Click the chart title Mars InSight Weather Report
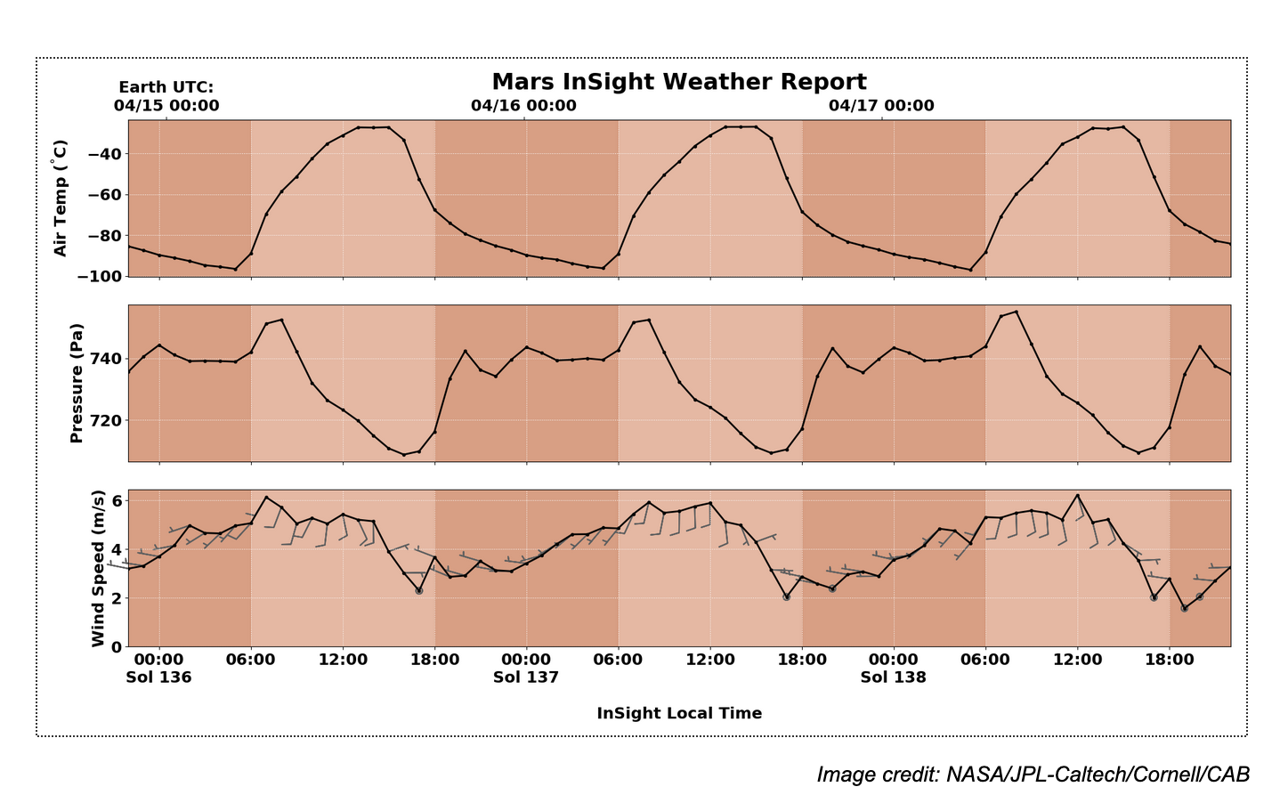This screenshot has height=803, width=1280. click(x=678, y=82)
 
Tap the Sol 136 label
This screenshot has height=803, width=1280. click(x=158, y=677)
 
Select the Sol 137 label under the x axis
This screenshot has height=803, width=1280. click(x=526, y=677)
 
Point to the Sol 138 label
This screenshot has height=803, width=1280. click(x=893, y=677)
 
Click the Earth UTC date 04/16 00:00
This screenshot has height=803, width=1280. click(x=523, y=105)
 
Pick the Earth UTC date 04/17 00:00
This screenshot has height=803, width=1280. click(x=881, y=105)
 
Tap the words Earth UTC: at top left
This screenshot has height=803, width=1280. click(x=166, y=87)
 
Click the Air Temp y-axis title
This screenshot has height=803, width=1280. click(x=61, y=198)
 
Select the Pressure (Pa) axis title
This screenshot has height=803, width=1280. click(x=77, y=383)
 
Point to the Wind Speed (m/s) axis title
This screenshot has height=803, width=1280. click(x=98, y=568)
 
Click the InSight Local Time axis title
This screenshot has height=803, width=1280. click(x=678, y=713)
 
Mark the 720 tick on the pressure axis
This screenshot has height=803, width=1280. click(x=108, y=420)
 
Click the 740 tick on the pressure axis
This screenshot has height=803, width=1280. click(x=108, y=359)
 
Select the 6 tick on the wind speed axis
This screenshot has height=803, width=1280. click(x=117, y=500)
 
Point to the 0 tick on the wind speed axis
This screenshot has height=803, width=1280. click(x=117, y=646)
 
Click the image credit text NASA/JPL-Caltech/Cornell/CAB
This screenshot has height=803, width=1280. click(x=1033, y=775)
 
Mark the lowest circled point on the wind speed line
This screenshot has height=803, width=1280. click(x=1185, y=608)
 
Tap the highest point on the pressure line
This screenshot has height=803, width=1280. click(x=1017, y=312)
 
